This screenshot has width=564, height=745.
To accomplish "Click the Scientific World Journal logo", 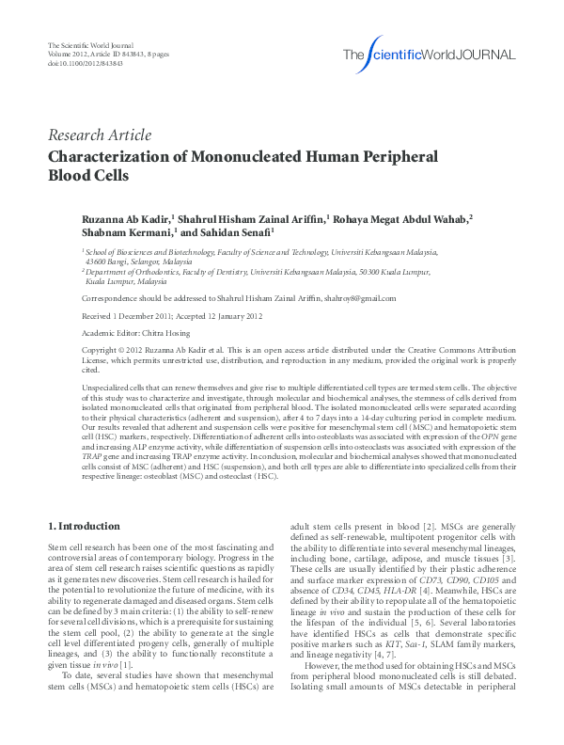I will (429, 54).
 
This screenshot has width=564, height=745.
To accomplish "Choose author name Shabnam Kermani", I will (125, 232).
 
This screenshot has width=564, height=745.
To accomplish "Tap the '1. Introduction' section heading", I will (84, 526).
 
